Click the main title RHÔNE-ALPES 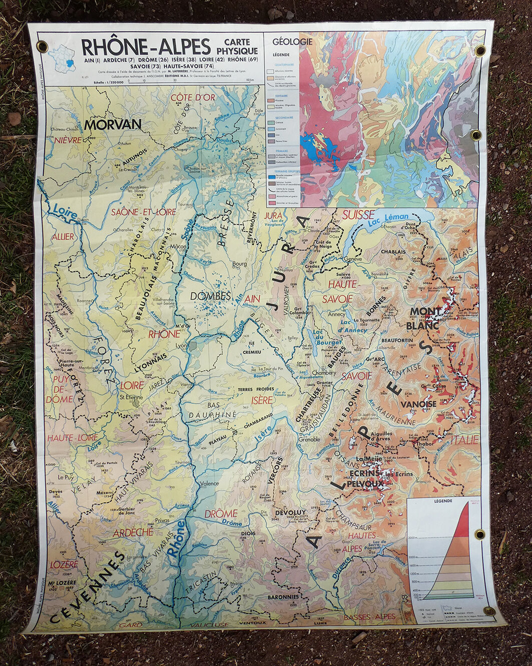(146, 47)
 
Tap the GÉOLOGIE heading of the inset (293, 42)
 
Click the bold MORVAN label (113, 124)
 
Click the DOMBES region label (210, 296)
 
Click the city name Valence (209, 484)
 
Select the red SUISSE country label (358, 215)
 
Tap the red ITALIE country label (464, 440)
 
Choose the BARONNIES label (283, 597)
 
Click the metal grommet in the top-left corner (42, 47)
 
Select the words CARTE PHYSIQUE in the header (237, 47)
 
